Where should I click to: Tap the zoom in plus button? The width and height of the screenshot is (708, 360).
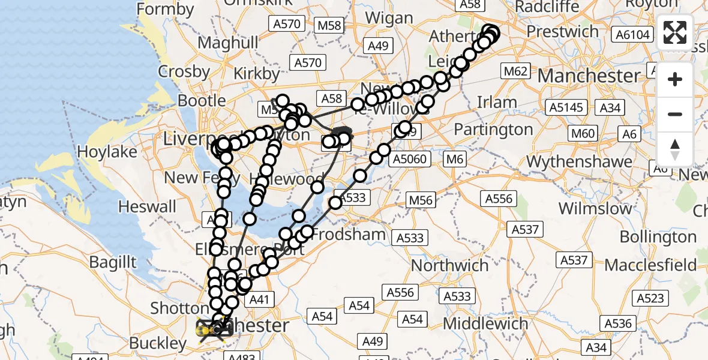[x=675, y=79]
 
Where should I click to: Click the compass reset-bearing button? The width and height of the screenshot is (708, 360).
[x=675, y=149]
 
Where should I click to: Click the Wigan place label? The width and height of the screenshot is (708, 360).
[x=389, y=18]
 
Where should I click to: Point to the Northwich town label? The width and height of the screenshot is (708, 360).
[x=449, y=265]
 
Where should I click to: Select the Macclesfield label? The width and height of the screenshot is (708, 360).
[x=650, y=265]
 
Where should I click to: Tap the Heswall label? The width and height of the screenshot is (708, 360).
[x=148, y=207]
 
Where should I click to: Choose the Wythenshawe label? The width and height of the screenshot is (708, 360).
[x=579, y=161]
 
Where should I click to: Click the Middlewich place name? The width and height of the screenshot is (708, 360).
[x=487, y=323]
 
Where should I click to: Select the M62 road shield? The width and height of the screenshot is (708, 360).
[x=516, y=72]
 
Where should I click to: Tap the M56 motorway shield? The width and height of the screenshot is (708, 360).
[x=421, y=200]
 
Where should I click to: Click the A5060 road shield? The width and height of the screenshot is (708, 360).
[x=410, y=159]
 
